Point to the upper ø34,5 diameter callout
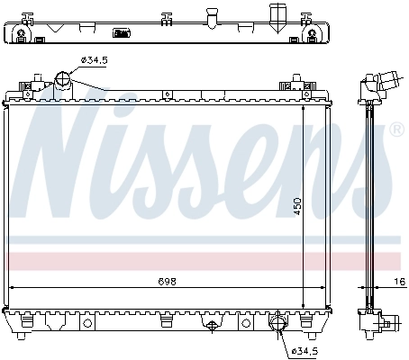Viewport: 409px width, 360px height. click(95, 60)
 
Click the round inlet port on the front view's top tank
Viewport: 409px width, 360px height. click(64, 81)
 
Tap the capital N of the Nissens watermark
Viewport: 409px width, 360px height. click(77, 153)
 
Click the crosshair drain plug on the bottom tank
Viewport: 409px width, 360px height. click(212, 326)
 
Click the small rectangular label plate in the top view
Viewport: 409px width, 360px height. click(120, 34)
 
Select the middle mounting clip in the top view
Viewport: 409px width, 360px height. click(166, 20)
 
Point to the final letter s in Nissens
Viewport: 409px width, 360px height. click(360, 171)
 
